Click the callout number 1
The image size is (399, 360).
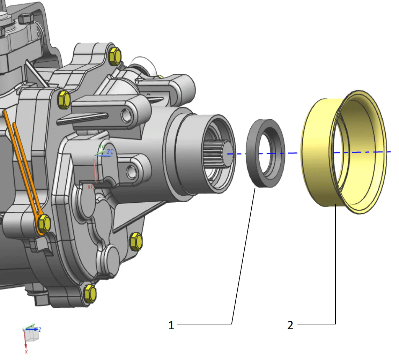171,325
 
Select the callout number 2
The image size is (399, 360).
290,325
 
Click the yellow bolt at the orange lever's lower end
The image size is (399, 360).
44,223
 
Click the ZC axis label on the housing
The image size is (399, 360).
110,152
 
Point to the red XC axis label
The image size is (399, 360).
91,187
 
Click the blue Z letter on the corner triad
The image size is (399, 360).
40,329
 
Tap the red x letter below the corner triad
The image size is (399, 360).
26,352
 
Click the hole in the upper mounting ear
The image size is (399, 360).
125,114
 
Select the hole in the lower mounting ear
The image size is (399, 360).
131,171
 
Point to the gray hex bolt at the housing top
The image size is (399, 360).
26,18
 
